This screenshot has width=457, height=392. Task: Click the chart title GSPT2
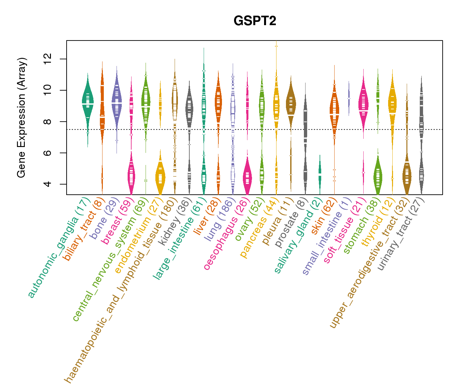coord(255,21)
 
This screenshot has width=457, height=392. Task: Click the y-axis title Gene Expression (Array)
coord(22,118)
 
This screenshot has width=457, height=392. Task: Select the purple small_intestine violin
coord(349,98)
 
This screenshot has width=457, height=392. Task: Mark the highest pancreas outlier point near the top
coord(276,46)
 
